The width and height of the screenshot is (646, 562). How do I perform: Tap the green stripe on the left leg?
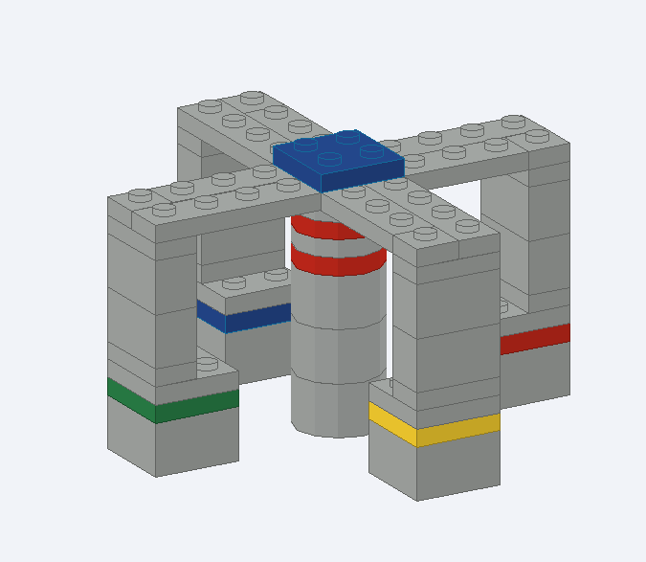click(x=172, y=400)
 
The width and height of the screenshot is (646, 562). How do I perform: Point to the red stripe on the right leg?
click(x=535, y=338)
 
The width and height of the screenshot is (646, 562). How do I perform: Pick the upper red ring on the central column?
click(x=325, y=230)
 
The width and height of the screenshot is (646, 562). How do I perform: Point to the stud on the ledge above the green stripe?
click(x=205, y=364)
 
